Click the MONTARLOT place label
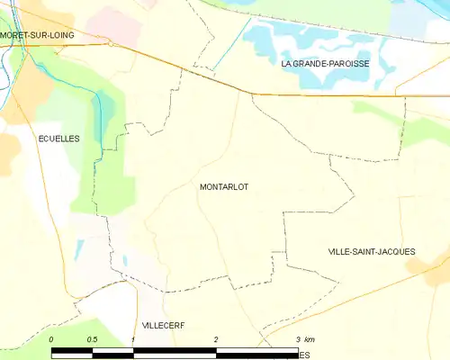point(223,187)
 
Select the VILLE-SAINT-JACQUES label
point(372,251)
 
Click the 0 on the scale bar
point(52,339)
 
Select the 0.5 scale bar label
point(92,339)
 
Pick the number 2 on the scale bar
point(216,339)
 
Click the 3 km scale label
point(303,339)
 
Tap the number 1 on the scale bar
point(133,339)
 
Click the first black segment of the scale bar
point(72,352)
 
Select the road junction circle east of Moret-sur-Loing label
point(109,42)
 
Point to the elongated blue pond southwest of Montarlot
point(79,247)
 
